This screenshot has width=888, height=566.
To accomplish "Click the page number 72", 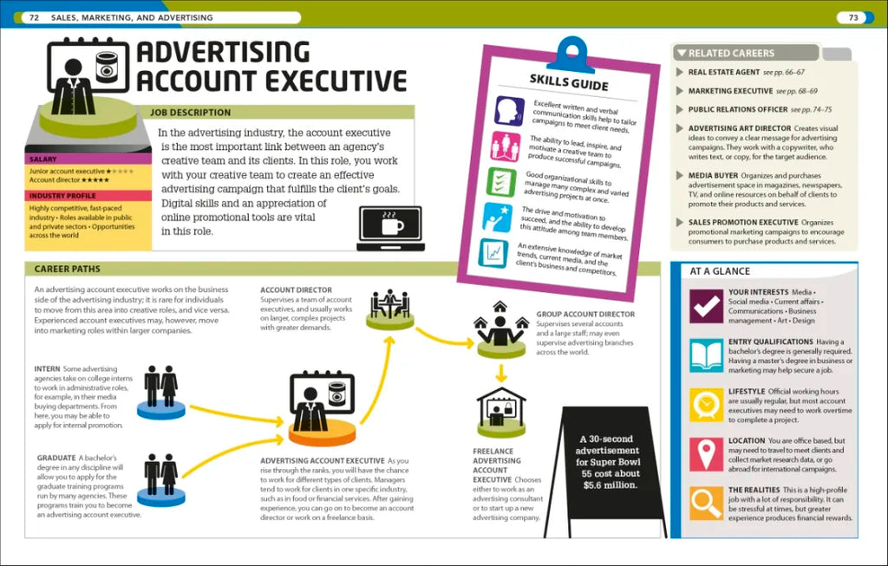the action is (x=34, y=17).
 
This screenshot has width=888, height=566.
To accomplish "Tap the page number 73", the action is (x=853, y=17).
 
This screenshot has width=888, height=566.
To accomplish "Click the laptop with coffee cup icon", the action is (x=391, y=228).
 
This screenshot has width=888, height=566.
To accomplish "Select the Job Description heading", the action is (x=190, y=112).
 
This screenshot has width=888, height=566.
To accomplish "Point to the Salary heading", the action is (x=43, y=159).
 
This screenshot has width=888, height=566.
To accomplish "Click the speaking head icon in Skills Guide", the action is (x=509, y=110).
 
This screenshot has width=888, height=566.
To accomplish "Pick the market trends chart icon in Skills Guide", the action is (x=493, y=253).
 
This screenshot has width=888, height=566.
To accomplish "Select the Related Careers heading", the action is (x=731, y=53).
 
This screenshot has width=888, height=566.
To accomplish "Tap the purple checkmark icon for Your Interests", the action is (x=706, y=306).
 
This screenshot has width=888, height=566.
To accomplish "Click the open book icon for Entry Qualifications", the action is (x=706, y=355).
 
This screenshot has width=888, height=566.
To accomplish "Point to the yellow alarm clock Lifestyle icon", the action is (x=706, y=405).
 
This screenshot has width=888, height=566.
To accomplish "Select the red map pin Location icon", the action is (x=706, y=454).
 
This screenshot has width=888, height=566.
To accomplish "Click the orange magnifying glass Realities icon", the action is (x=706, y=504).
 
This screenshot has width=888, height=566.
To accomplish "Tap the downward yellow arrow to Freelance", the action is (x=500, y=374).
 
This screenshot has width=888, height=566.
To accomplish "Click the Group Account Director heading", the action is (x=585, y=314).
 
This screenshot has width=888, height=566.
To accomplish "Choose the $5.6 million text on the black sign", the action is (x=610, y=485).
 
